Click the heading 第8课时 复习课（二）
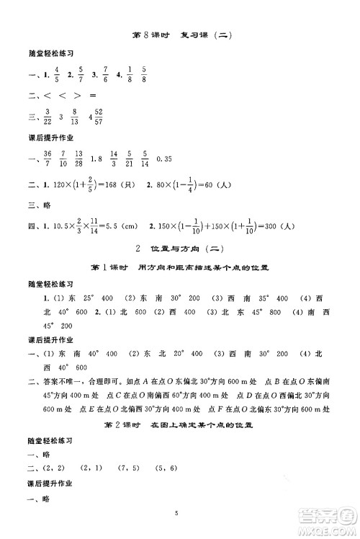pyautogui.click(x=180, y=35)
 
